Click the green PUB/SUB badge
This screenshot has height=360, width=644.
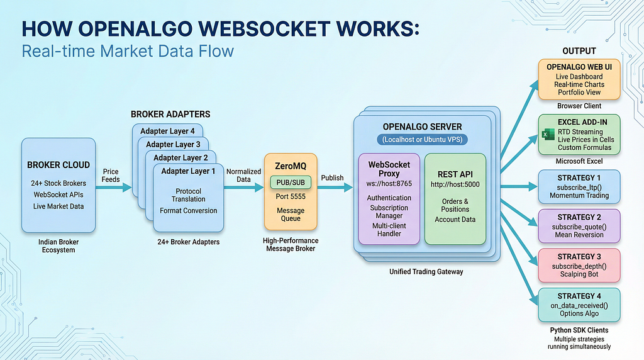291,183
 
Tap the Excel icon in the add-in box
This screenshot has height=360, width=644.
548,135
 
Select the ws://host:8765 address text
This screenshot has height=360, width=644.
389,184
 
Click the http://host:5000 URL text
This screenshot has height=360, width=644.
455,184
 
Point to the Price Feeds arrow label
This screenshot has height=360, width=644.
111,176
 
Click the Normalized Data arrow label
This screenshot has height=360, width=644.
243,176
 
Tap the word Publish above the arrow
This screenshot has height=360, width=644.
332,178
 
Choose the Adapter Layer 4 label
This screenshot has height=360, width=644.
167,131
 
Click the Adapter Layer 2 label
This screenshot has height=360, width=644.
180,158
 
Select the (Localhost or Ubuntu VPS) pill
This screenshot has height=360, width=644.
422,140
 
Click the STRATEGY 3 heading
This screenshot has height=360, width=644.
579,256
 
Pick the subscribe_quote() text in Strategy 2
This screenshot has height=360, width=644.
579,227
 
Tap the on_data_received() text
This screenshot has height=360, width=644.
579,306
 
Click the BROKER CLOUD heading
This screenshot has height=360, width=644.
58,165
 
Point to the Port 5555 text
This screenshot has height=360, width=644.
291,196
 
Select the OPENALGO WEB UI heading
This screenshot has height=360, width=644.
579,67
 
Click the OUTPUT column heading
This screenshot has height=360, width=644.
579,52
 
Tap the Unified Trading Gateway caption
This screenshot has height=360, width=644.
426,272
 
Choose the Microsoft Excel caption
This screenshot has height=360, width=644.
579,161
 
